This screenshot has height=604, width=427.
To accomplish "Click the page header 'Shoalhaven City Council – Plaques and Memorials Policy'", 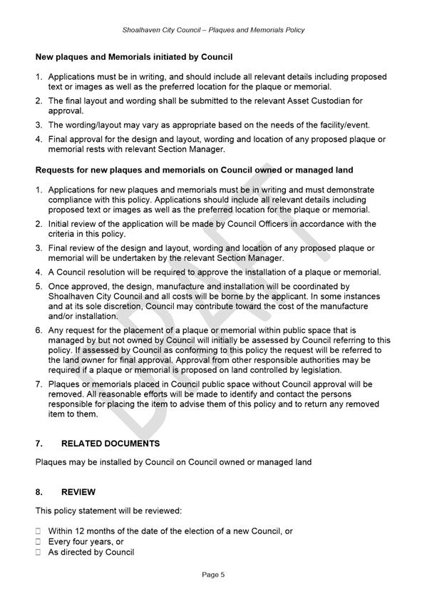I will tap(213, 30).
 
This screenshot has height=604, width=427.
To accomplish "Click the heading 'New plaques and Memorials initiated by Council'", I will tap(134, 56).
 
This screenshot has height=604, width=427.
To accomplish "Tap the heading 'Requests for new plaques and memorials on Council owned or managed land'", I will tap(194, 170).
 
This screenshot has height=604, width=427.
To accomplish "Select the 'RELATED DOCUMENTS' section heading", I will tap(110, 444).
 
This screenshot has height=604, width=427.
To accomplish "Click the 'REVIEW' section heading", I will tap(78, 492).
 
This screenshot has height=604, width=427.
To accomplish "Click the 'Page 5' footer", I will tap(213, 574).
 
